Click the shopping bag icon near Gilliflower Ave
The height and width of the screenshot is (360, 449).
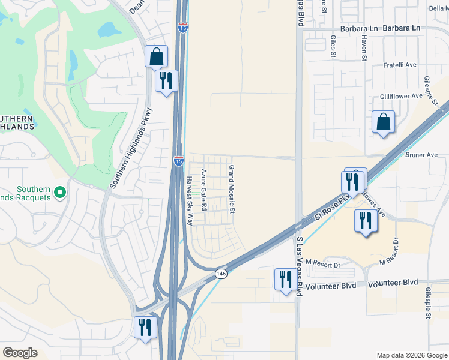(383, 122)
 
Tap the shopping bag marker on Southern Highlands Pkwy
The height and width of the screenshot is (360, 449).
(156, 56)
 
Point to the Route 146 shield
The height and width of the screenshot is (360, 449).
(221, 273)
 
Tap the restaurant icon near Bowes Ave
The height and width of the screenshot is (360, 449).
(365, 220)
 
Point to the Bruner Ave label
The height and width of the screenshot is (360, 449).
(421, 155)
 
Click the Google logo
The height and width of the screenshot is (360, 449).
(20, 353)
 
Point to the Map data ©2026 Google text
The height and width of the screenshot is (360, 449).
(411, 355)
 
